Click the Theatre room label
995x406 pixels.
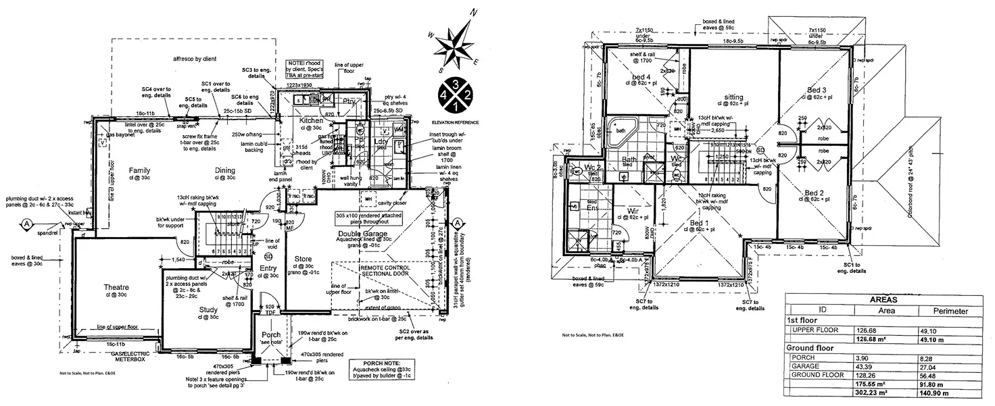116,287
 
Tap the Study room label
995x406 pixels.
208,310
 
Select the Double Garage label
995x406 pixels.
362,233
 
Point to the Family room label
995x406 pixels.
139,170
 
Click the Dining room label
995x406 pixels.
225,170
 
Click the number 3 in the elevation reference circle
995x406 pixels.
457,84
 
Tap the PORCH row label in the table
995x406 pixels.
802,357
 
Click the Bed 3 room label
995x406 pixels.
816,90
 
